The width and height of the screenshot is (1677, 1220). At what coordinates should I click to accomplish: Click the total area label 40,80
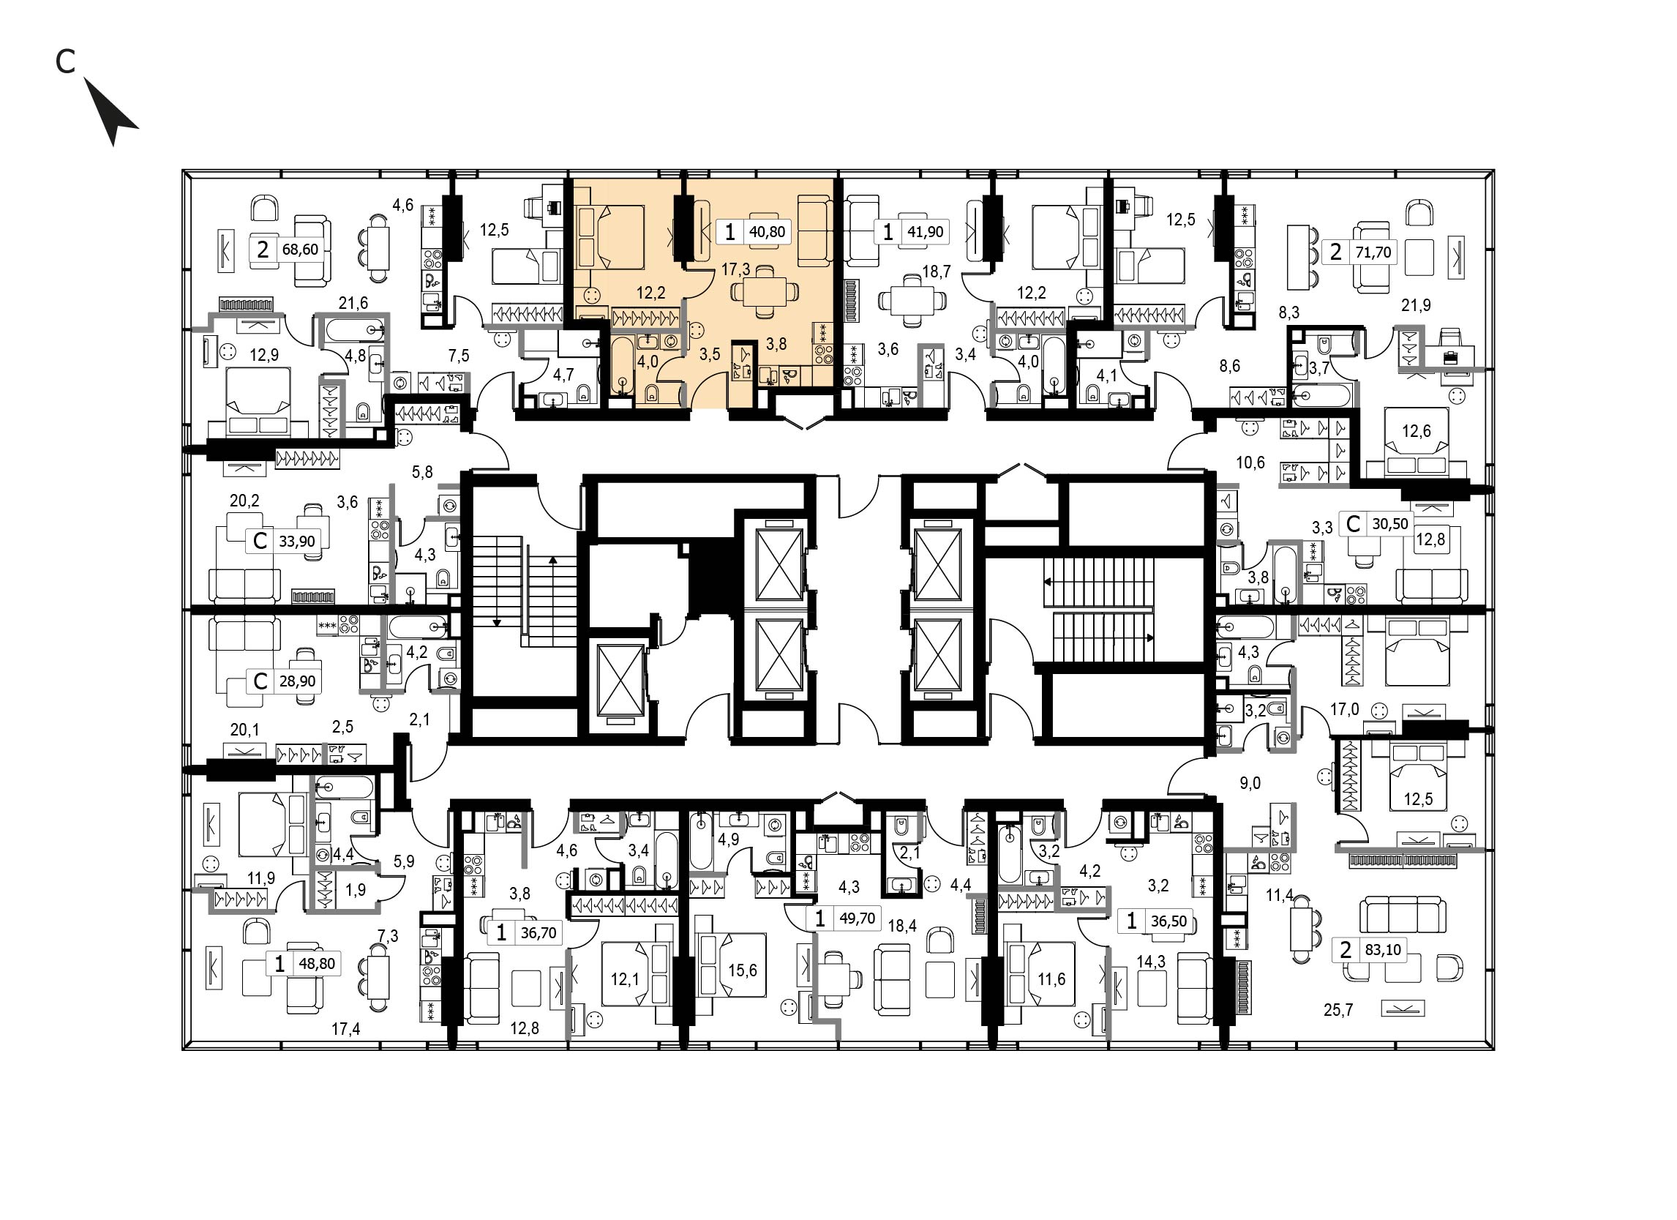(767, 231)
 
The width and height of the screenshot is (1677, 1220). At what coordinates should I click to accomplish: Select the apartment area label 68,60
(299, 249)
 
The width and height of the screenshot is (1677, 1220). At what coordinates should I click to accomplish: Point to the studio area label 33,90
(296, 542)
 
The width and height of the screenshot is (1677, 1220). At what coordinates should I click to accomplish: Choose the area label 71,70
(1373, 252)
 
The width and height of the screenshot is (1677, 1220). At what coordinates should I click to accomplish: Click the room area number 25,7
(1338, 1009)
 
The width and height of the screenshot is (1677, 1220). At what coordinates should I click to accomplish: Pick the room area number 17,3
(736, 270)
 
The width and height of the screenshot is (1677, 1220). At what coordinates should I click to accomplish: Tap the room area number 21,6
(353, 302)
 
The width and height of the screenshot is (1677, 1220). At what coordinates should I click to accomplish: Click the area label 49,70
(857, 918)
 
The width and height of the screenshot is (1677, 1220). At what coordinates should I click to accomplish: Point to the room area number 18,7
(936, 272)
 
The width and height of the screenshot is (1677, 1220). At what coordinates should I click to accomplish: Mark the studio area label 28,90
(296, 681)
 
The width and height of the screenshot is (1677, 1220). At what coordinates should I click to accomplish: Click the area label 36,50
(1168, 921)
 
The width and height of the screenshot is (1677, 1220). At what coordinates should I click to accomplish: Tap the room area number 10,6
(1250, 463)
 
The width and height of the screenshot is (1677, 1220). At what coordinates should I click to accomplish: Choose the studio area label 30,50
(1389, 524)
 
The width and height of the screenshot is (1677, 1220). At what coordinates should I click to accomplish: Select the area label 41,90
(925, 231)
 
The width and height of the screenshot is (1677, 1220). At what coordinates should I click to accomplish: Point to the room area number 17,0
(1344, 710)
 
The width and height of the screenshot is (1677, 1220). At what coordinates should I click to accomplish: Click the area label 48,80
(316, 964)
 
